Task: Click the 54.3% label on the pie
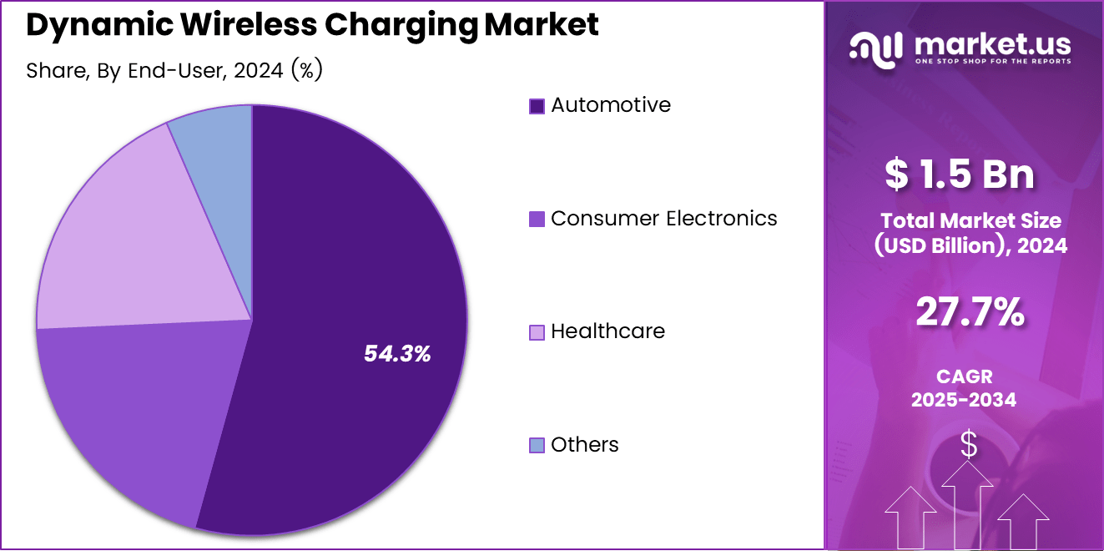pos(397,354)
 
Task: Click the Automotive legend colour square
pos(537,106)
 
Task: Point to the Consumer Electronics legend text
pos(664,219)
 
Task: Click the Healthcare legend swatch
pos(537,332)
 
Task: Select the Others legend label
pos(585,445)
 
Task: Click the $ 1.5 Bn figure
pos(960,174)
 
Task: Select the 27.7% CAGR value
pos(970,313)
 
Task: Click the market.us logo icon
pos(875,48)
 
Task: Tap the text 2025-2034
pos(964,400)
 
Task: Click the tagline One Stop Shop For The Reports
pos(992,61)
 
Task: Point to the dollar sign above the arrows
pos(968,444)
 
